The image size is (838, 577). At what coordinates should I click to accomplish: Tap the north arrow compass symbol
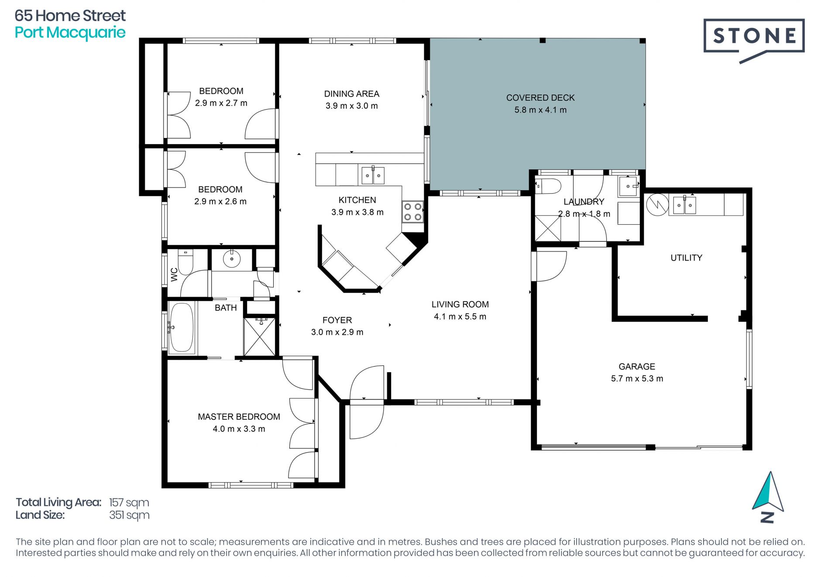pos(769,497)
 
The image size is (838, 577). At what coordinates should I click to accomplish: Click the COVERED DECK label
pos(540,98)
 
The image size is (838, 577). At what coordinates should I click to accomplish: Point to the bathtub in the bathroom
pos(182,327)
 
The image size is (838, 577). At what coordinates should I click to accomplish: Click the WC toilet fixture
pos(185,261)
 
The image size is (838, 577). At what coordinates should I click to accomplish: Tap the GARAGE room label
pos(637,367)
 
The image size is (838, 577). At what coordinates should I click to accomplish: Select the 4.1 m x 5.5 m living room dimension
pos(460,316)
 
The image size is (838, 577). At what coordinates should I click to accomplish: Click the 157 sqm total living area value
pos(129,502)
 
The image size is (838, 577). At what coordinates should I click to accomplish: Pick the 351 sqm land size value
pos(129,515)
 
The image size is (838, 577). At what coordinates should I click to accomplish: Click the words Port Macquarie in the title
pos(70,33)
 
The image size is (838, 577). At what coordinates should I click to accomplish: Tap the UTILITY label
pos(687,258)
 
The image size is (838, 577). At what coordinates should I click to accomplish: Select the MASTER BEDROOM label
pos(239,417)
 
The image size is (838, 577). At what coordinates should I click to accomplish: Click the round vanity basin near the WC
pos(232,259)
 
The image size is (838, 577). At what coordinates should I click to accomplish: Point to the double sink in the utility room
pos(684,205)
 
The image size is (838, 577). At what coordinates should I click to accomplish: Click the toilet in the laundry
pos(548,186)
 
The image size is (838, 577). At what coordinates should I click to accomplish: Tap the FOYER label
pos(337,320)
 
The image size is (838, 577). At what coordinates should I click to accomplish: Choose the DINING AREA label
pos(352,94)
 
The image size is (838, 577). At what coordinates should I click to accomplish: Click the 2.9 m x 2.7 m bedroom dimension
pos(221,103)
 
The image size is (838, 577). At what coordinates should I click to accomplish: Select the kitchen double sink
pos(373,175)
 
